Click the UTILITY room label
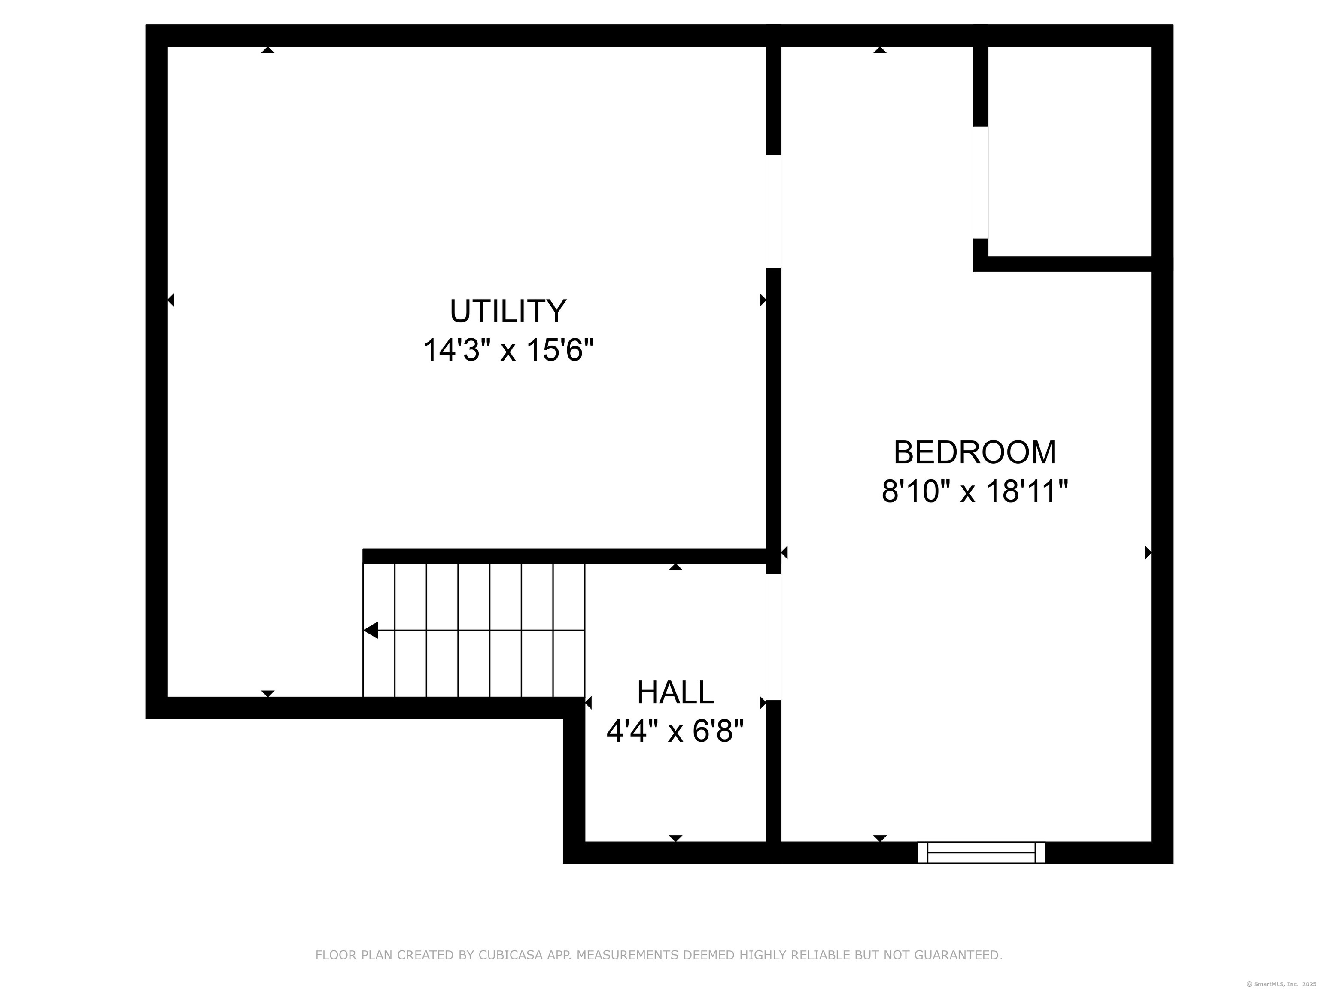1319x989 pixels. point(508,311)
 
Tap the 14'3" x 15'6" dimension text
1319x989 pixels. point(509,350)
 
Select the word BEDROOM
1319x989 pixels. point(974,452)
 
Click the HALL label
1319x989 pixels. point(675,692)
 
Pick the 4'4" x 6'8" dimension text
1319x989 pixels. point(675,731)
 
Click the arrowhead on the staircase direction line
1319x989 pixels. point(371,630)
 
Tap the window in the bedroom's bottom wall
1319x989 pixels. point(981,852)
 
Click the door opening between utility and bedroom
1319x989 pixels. point(773,211)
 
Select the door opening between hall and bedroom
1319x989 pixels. point(773,637)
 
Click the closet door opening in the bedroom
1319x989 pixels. point(980,182)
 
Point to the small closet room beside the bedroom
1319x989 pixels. point(1069,152)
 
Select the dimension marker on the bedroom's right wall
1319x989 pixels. point(1148,552)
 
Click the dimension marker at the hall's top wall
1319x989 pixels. point(675,567)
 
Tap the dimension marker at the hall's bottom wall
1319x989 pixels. point(675,838)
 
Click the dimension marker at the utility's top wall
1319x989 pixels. point(268,50)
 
